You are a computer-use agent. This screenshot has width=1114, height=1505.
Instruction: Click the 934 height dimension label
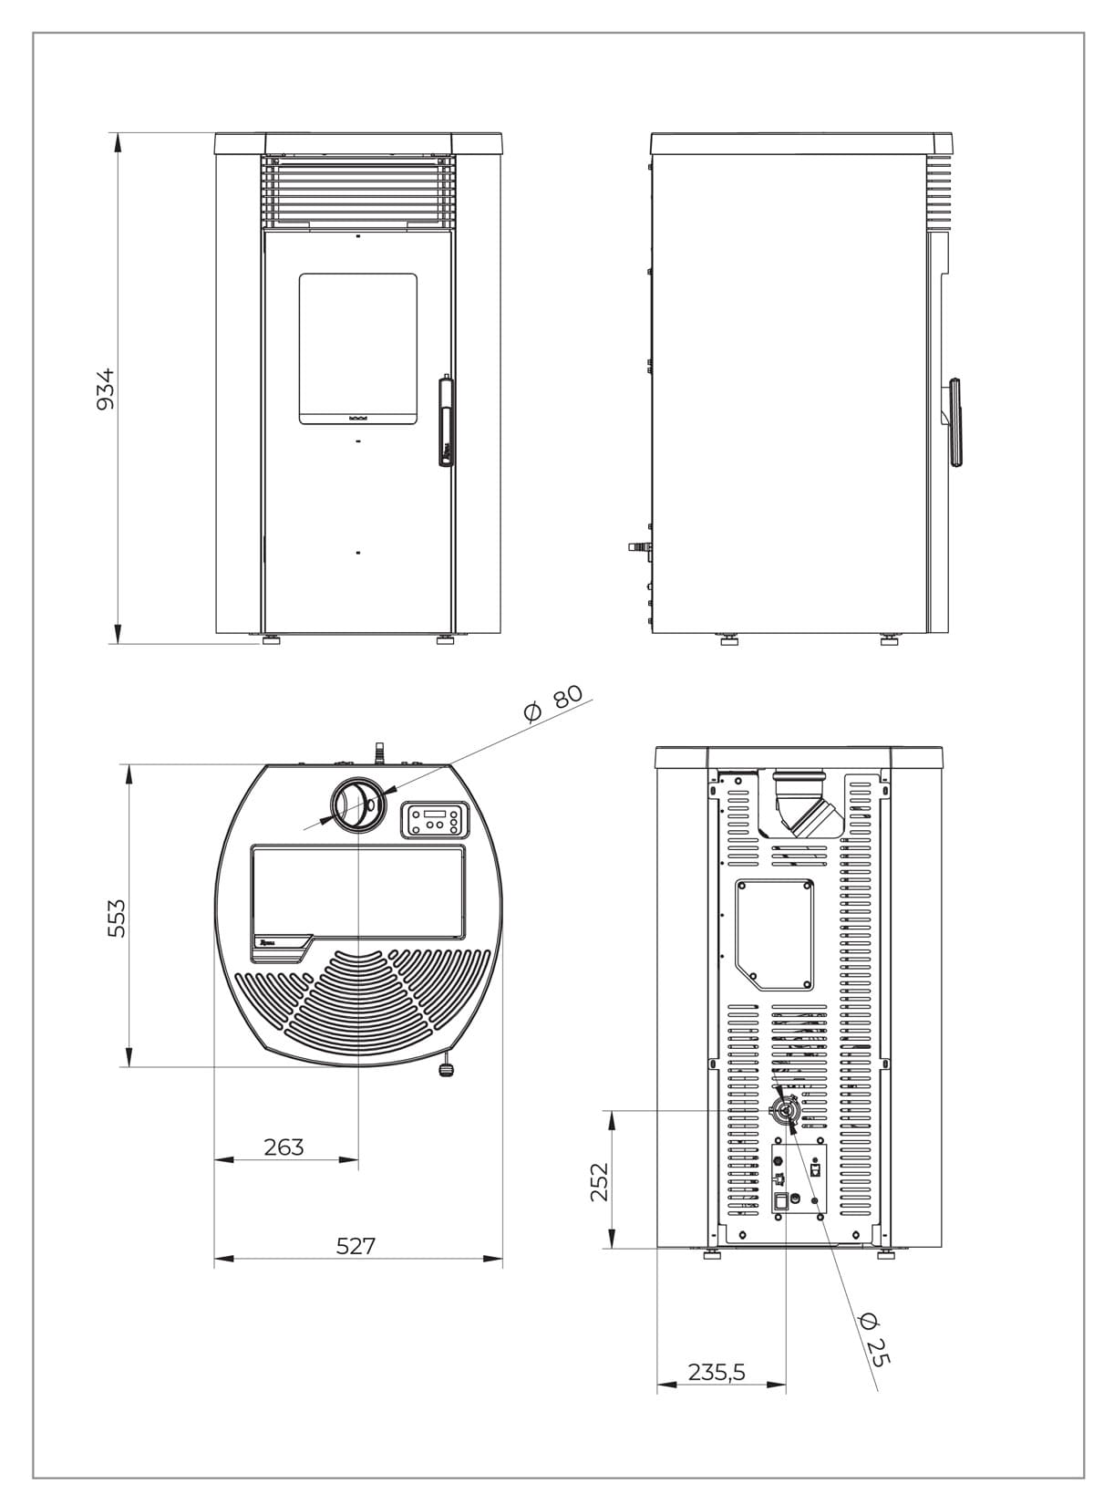pyautogui.click(x=107, y=388)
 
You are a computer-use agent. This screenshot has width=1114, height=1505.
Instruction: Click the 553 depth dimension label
pyautogui.click(x=116, y=918)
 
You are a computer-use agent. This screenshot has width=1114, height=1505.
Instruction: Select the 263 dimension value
pyautogui.click(x=284, y=1147)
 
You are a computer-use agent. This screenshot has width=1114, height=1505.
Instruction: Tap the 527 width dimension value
pyautogui.click(x=356, y=1245)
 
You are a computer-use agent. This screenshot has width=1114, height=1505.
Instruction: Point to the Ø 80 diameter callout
pyautogui.click(x=553, y=703)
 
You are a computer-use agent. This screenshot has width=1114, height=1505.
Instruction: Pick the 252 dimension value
pyautogui.click(x=598, y=1181)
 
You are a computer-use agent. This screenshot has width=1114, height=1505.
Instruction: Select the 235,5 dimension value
pyautogui.click(x=717, y=1371)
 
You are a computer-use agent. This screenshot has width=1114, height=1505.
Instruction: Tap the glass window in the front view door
pyautogui.click(x=358, y=348)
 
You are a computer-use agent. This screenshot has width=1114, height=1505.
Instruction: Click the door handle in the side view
pyautogui.click(x=954, y=421)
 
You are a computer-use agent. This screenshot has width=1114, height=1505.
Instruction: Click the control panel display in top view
pyautogui.click(x=435, y=819)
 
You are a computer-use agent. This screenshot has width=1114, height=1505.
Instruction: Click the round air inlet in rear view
pyautogui.click(x=784, y=1110)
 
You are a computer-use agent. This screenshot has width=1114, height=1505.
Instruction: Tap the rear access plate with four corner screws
pyautogui.click(x=774, y=933)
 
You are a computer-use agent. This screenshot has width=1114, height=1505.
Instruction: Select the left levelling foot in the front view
pyautogui.click(x=271, y=640)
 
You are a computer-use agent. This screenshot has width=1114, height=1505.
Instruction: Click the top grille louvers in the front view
pyautogui.click(x=357, y=191)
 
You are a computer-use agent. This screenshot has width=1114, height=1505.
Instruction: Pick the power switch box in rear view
pyautogui.click(x=781, y=1201)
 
